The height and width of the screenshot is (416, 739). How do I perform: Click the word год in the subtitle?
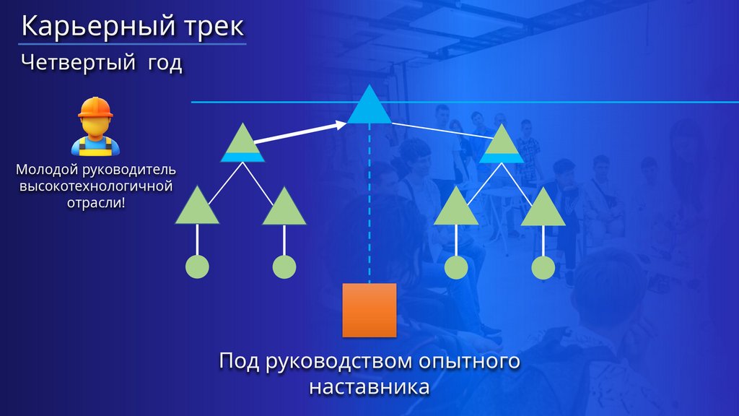coord(165,64)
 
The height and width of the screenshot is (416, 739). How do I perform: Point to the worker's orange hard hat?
coord(96,108)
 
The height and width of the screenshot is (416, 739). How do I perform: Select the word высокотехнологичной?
coord(95,187)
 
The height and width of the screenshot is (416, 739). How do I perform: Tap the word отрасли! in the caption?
coord(95,203)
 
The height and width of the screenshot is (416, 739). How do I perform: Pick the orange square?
coord(369,310)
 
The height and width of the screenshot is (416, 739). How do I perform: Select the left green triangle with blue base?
coord(240,143)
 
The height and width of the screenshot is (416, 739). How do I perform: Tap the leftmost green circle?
coord(197,267)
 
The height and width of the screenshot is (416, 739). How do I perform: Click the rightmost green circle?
coord(543,267)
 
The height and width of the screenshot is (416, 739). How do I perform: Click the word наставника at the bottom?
coord(369,386)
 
